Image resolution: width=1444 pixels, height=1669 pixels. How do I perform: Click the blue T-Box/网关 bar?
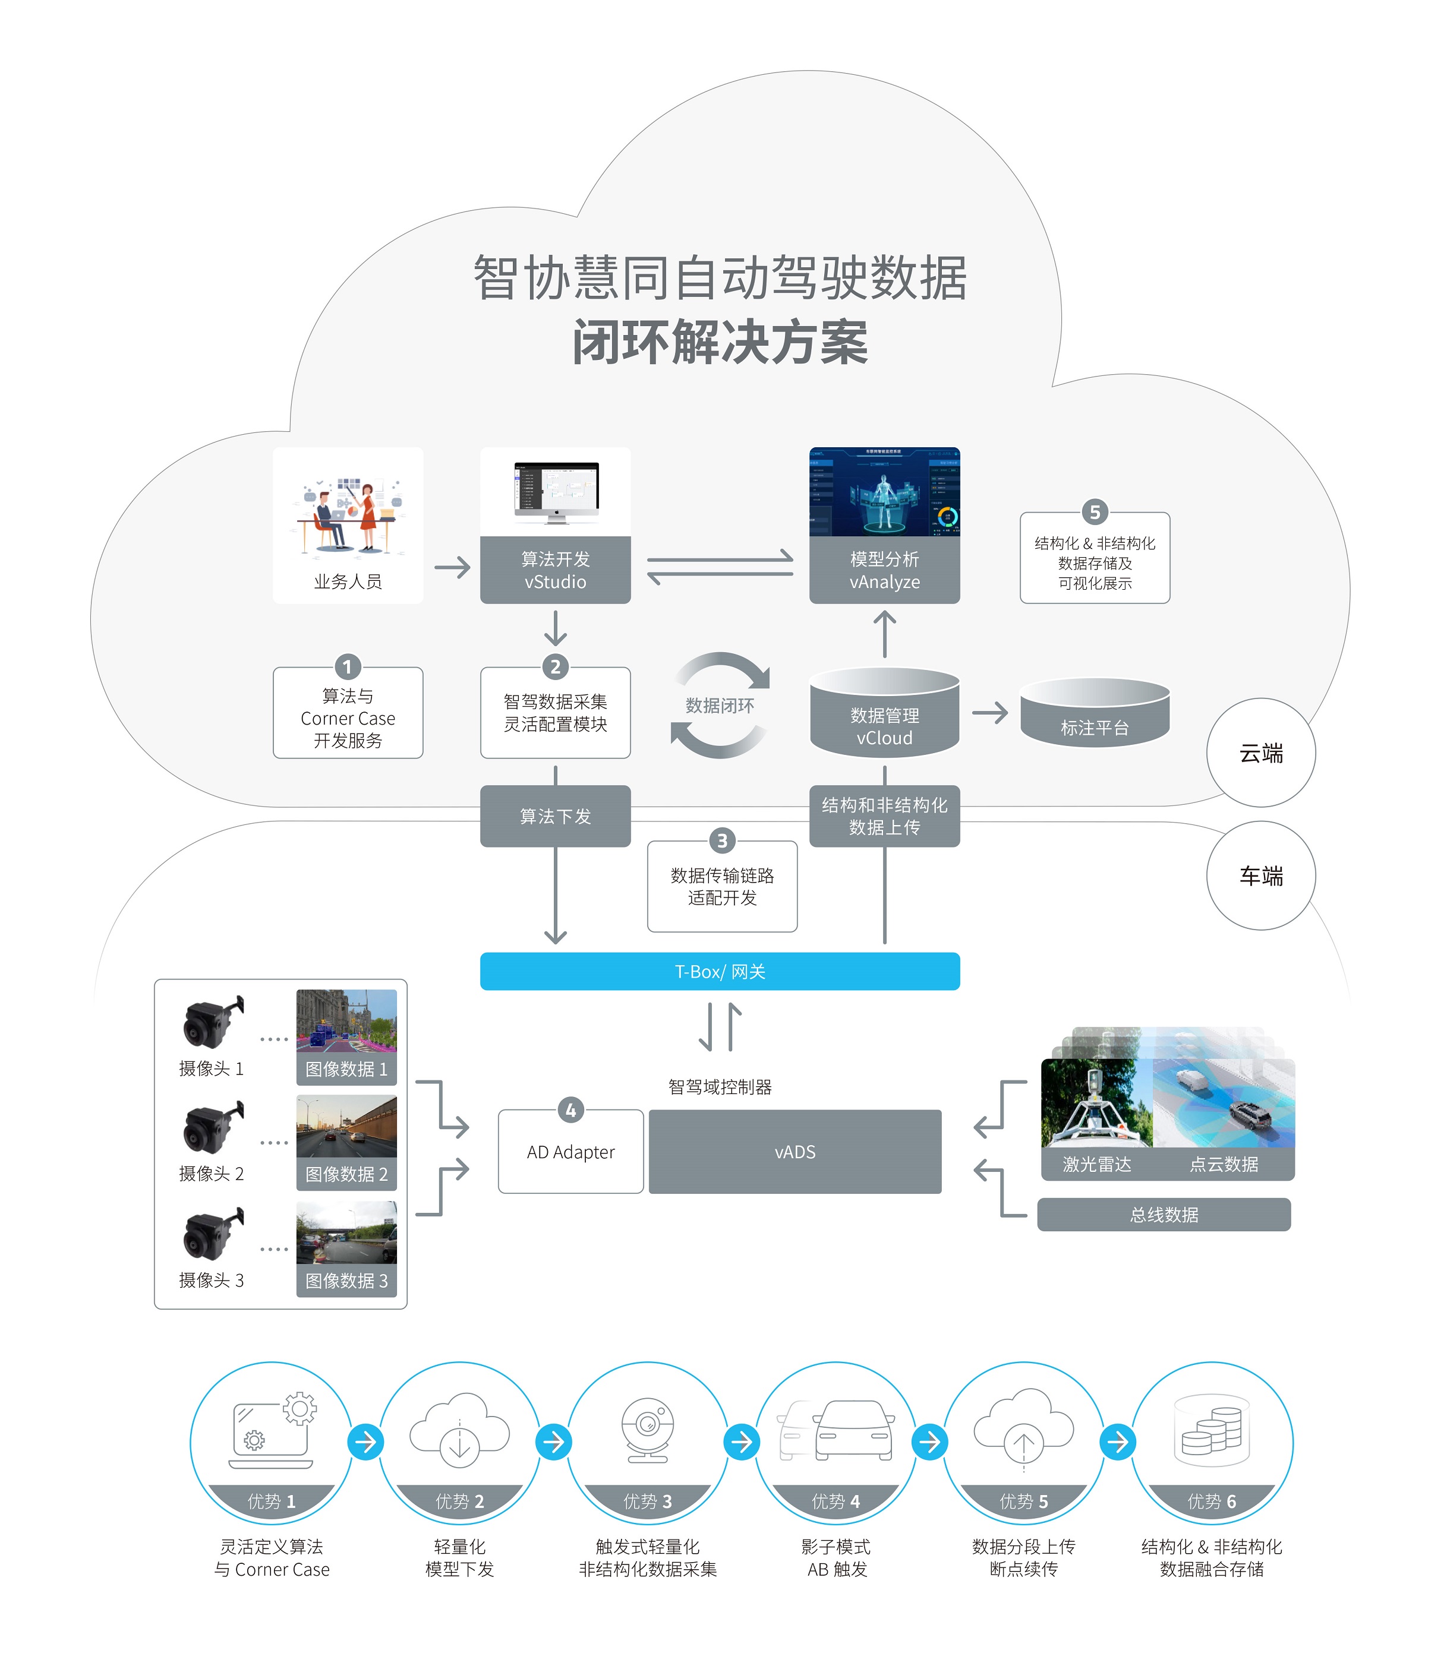click(x=720, y=972)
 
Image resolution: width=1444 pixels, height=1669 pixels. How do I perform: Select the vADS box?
click(x=794, y=1152)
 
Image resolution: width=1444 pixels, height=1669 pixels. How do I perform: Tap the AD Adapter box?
click(x=570, y=1152)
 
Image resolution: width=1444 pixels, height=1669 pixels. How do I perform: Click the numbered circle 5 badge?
click(x=1094, y=513)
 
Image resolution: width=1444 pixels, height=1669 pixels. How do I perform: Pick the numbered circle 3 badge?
click(x=722, y=841)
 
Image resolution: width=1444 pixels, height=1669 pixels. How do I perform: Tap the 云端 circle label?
click(x=1260, y=753)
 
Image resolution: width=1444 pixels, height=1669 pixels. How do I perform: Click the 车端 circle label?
click(x=1260, y=875)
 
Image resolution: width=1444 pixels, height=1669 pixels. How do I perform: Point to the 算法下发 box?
click(x=555, y=816)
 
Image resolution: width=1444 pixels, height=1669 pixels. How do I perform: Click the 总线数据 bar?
click(x=1164, y=1215)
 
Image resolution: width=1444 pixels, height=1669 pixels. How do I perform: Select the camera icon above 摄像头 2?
click(x=211, y=1128)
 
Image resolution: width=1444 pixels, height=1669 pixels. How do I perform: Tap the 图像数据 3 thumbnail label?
click(x=346, y=1281)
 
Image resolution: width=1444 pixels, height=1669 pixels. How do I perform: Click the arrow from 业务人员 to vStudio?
click(x=452, y=567)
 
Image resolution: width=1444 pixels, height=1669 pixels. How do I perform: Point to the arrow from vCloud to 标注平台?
click(x=989, y=713)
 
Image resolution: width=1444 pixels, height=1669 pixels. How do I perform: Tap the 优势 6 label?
click(x=1211, y=1502)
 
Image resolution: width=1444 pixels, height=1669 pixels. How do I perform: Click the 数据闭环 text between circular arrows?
click(x=720, y=706)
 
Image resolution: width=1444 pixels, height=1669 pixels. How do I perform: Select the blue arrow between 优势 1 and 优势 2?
click(x=366, y=1442)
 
